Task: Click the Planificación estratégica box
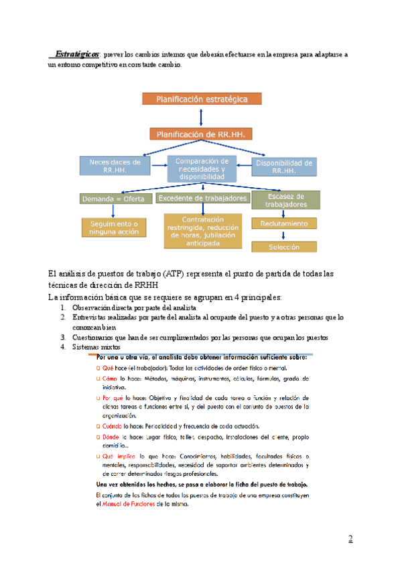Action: [x=202, y=99]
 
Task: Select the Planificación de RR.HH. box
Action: [x=202, y=134]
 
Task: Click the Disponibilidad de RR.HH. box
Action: [x=285, y=166]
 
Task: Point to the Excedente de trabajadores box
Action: [x=202, y=199]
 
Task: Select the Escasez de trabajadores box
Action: [x=285, y=199]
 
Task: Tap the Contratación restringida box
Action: [x=202, y=231]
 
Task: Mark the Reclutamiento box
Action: [x=284, y=223]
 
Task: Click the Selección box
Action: [x=284, y=247]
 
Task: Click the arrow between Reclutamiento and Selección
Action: [x=284, y=235]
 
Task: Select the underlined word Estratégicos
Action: [x=77, y=53]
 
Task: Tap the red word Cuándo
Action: [x=110, y=426]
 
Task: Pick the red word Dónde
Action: [x=109, y=437]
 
